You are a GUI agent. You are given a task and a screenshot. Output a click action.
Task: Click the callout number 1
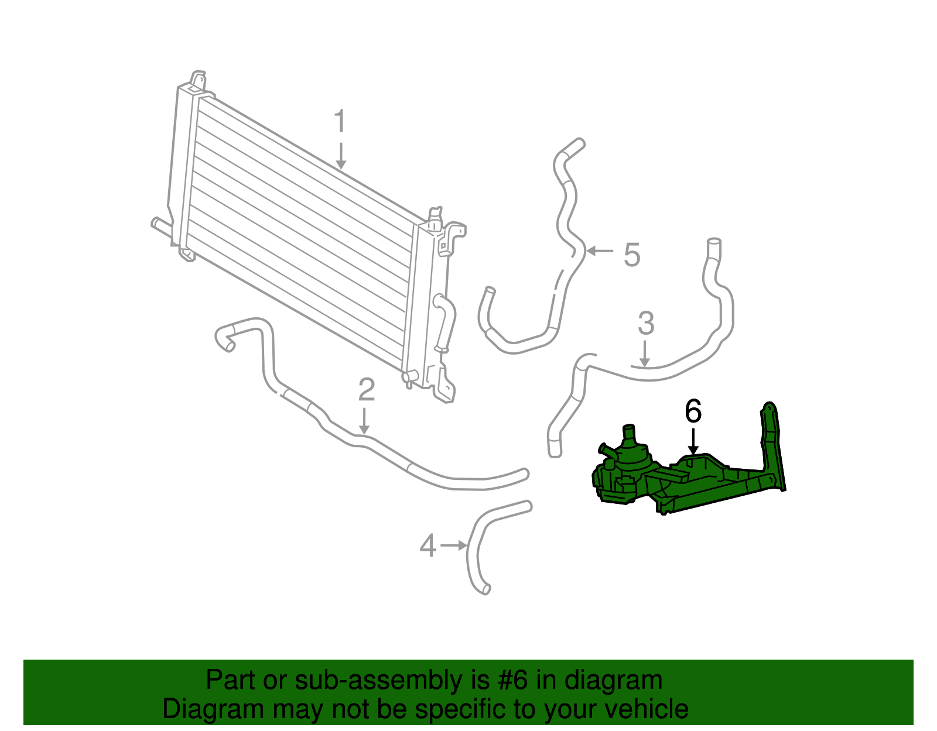click(340, 122)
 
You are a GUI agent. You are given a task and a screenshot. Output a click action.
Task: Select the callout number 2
click(366, 390)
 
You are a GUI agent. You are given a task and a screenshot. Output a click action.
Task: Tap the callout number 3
click(645, 323)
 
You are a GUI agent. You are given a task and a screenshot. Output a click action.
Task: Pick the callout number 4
click(428, 546)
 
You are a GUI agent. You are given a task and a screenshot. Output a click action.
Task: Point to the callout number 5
click(631, 255)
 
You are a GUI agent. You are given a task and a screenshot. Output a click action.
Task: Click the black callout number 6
click(693, 411)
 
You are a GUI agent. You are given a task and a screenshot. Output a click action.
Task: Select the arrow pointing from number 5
click(600, 251)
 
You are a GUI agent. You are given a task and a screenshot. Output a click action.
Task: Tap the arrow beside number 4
click(454, 545)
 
